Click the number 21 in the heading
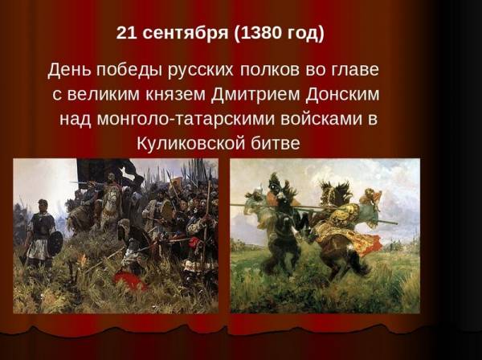[126, 33]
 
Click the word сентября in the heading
[186, 33]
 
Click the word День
[69, 70]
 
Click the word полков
[269, 71]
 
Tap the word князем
[175, 95]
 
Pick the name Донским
[342, 94]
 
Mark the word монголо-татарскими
[186, 119]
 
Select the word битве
[275, 143]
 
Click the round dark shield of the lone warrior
[55, 243]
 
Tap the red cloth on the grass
[129, 280]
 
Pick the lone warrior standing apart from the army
[40, 234]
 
